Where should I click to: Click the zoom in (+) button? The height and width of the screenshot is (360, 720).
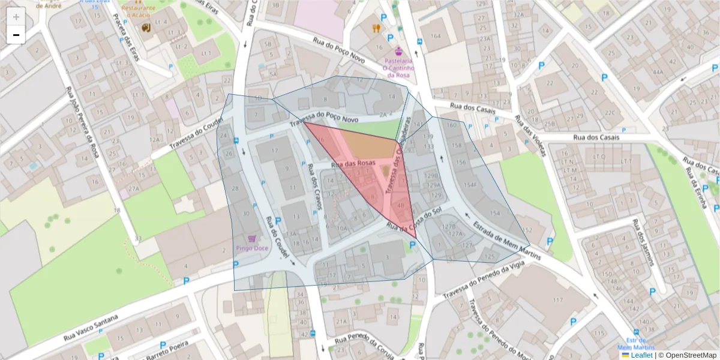[16, 17]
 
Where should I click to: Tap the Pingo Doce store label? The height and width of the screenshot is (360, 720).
[251, 247]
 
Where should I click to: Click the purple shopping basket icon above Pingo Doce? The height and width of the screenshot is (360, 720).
[259, 238]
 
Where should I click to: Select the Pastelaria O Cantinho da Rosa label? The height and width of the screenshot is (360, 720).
[398, 68]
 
